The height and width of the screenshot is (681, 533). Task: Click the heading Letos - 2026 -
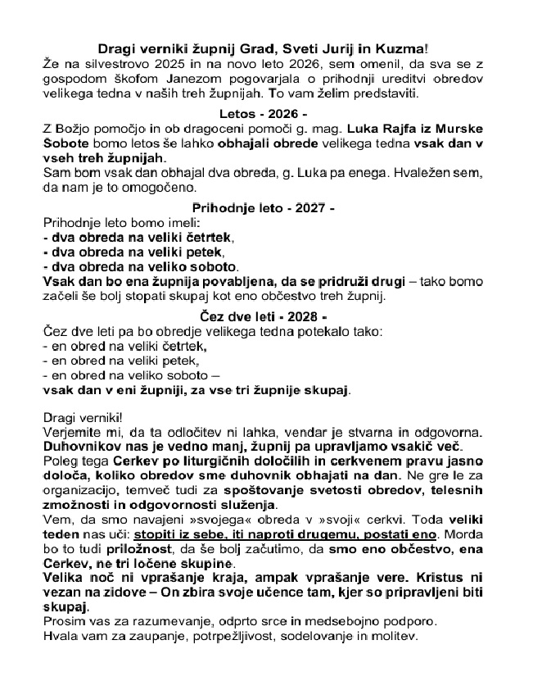pyautogui.click(x=264, y=113)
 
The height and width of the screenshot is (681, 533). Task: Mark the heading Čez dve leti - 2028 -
pyautogui.click(x=264, y=316)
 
